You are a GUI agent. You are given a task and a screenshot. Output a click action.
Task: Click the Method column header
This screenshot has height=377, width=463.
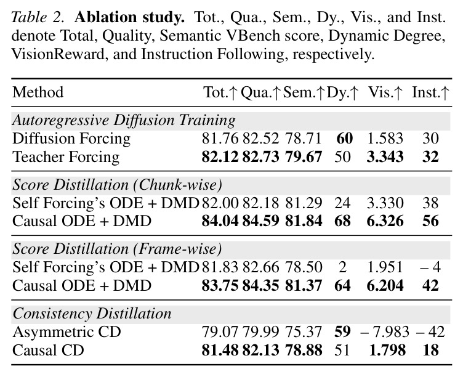[x=38, y=92]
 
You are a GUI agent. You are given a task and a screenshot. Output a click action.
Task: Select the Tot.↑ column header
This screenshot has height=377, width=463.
[x=220, y=92]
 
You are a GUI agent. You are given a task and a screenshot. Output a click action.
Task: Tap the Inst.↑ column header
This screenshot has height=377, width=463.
[x=430, y=92]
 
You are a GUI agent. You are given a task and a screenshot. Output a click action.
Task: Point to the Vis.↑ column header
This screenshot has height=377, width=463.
[x=385, y=92]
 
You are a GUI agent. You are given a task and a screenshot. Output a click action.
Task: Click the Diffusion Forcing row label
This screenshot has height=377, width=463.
[x=71, y=139]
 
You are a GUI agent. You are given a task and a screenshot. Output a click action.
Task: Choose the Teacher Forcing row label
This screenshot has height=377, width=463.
[x=66, y=157]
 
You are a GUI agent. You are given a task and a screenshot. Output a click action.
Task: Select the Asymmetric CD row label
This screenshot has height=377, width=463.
[x=66, y=332]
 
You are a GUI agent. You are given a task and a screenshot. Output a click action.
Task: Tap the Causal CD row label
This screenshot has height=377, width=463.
[x=48, y=351]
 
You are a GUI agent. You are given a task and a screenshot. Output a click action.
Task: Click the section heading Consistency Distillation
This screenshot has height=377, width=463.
[x=92, y=314]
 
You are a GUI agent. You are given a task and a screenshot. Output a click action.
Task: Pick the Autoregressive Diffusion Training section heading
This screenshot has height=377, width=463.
[x=124, y=121]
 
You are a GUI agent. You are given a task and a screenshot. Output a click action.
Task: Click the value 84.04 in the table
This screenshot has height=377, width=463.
[x=220, y=221]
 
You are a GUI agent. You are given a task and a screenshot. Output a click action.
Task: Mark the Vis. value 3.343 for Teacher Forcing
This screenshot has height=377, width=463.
[x=385, y=157]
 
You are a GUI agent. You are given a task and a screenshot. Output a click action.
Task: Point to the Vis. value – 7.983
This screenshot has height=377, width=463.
[x=385, y=332]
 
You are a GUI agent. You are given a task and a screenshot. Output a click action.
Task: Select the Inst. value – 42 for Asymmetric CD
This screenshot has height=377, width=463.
[x=430, y=332]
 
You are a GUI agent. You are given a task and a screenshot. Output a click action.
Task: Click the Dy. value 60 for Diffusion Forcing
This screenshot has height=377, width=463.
[x=344, y=139]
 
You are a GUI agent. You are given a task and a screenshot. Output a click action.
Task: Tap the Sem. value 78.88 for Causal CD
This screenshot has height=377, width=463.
[x=304, y=351]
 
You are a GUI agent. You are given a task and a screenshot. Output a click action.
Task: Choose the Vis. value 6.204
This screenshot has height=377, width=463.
[x=385, y=286]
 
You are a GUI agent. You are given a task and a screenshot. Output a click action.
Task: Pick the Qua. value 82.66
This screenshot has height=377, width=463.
[x=260, y=267]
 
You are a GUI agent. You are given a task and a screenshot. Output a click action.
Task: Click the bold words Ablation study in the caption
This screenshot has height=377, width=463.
[x=130, y=18]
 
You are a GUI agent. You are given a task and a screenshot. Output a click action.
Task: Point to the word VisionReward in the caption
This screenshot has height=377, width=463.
[x=58, y=54]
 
